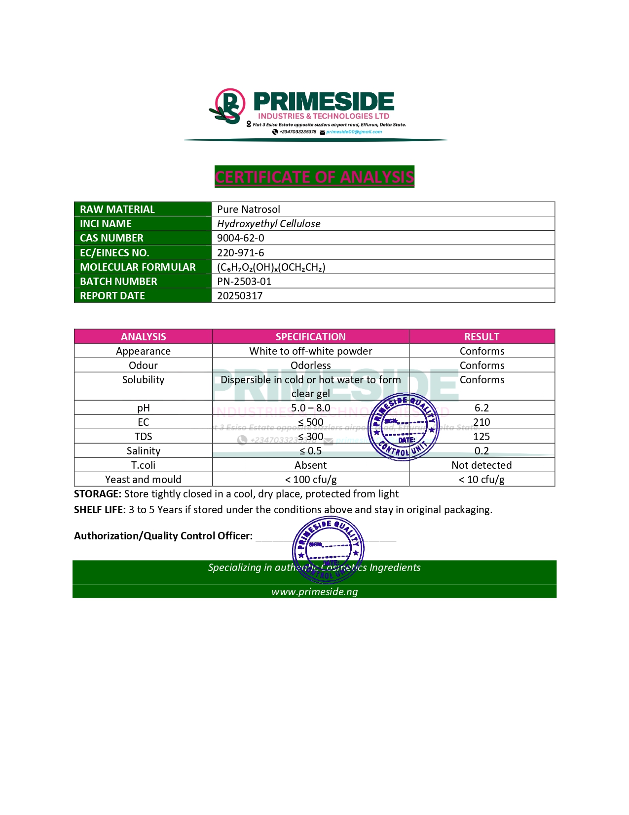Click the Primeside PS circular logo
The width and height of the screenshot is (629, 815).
pyautogui.click(x=229, y=106)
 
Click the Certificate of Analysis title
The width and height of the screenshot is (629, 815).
pyautogui.click(x=314, y=177)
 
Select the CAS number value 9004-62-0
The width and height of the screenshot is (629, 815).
pyautogui.click(x=241, y=238)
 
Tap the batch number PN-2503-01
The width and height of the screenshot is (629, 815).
pyautogui.click(x=244, y=282)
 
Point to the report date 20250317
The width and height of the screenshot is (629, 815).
pyautogui.click(x=240, y=296)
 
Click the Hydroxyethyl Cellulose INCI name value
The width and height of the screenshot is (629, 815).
pyautogui.click(x=269, y=224)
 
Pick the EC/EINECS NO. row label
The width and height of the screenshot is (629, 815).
pyautogui.click(x=114, y=253)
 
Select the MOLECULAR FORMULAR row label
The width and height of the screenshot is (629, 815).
pyautogui.click(x=138, y=267)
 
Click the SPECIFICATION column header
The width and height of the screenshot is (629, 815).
pyautogui.click(x=310, y=337)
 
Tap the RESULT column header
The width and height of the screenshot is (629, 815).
pyautogui.click(x=481, y=337)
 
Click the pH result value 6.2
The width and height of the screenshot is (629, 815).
pyautogui.click(x=481, y=408)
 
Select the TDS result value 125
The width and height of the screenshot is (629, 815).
pyautogui.click(x=481, y=437)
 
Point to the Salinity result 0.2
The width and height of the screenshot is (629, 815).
pyautogui.click(x=481, y=451)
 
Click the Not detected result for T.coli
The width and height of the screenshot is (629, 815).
pyautogui.click(x=481, y=465)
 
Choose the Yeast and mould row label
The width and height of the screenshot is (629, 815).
pyautogui.click(x=143, y=480)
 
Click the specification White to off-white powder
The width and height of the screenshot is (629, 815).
pyautogui.click(x=310, y=351)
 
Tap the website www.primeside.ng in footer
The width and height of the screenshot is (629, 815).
pyautogui.click(x=315, y=592)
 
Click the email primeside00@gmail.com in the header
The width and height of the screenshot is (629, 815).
pyautogui.click(x=354, y=132)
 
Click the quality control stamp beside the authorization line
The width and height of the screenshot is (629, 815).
pyautogui.click(x=328, y=549)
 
